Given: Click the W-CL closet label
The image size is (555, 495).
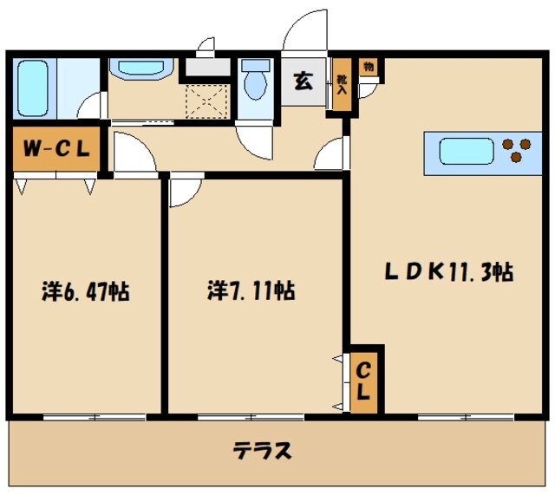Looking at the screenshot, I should tap(55, 149).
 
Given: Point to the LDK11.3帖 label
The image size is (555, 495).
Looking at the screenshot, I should tap(450, 272).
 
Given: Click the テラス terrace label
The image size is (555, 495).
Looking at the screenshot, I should tap(261, 451).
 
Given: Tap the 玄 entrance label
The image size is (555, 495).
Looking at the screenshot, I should tap(304, 83).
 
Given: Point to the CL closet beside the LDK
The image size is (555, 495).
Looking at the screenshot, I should tap(365, 381).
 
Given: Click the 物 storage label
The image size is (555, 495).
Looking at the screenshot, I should tap(369, 67).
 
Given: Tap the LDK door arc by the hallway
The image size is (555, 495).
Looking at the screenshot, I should tap(330, 156).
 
